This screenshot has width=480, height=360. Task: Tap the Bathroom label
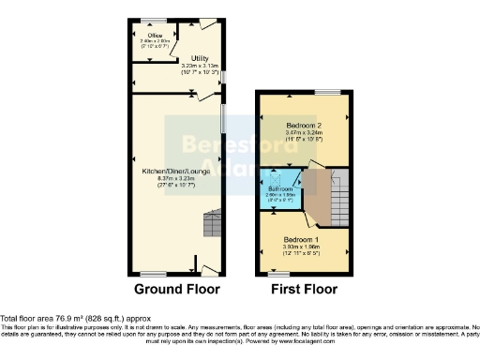pos(281,190)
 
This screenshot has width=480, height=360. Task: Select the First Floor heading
pos(304,290)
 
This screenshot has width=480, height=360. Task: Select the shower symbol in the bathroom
pos(277,177)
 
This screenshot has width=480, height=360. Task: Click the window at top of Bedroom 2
pos(327,91)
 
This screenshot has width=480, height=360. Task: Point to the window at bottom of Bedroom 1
pos(279,272)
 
